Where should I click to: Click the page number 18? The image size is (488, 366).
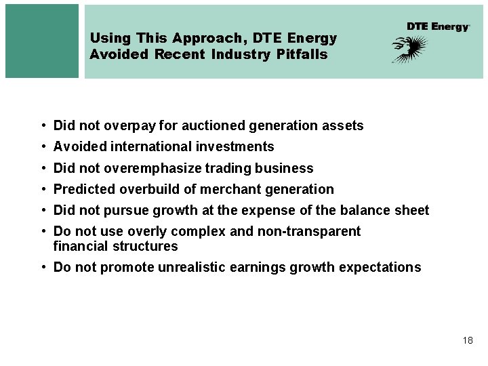pos(468,340)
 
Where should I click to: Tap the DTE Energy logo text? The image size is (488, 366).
pos(438,26)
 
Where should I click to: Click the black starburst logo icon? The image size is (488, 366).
pos(410,49)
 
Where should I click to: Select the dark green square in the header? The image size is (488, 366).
pos(42,41)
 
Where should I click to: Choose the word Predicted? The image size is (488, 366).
pos(84,189)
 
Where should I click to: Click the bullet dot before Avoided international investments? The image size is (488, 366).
pos(43,147)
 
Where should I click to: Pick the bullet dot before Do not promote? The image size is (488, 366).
pos(43,268)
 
